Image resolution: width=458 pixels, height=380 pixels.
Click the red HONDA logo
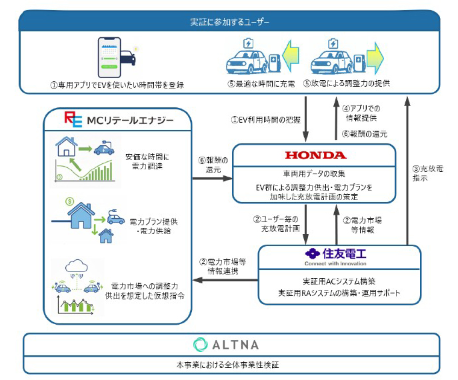pos(316,155)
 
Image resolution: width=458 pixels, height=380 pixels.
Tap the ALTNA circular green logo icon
pos(201,345)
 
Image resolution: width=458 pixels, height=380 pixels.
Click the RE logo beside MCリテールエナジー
pos(73,119)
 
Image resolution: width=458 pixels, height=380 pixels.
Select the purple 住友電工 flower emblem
pos(313,253)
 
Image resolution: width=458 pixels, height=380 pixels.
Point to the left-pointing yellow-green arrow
pos(291,56)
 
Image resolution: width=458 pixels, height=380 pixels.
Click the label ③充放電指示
pos(427,173)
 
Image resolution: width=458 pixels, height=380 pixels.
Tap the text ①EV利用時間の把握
pos(266,120)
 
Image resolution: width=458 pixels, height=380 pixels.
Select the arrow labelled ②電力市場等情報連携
pos(225,280)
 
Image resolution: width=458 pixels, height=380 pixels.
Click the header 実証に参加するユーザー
pos(229,22)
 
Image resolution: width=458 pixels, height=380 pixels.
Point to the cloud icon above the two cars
pos(77,266)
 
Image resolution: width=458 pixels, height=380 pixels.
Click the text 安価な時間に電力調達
pos(147,161)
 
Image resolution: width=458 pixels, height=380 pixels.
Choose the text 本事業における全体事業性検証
pos(227,365)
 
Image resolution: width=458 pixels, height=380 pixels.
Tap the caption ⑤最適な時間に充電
pos(261,84)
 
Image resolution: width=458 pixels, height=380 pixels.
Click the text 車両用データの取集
pos(314,174)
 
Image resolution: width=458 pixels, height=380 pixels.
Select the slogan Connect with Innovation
pos(335,263)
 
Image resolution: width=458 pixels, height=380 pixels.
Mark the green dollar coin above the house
pos(70,201)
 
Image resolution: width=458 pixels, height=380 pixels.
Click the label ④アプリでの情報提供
pos(361,113)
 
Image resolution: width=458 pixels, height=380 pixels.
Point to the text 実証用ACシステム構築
pos(339,281)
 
